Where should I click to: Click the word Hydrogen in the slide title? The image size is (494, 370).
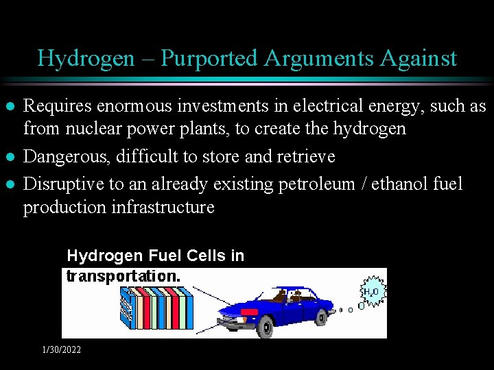click(85, 58)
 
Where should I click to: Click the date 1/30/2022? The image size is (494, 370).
click(61, 350)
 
